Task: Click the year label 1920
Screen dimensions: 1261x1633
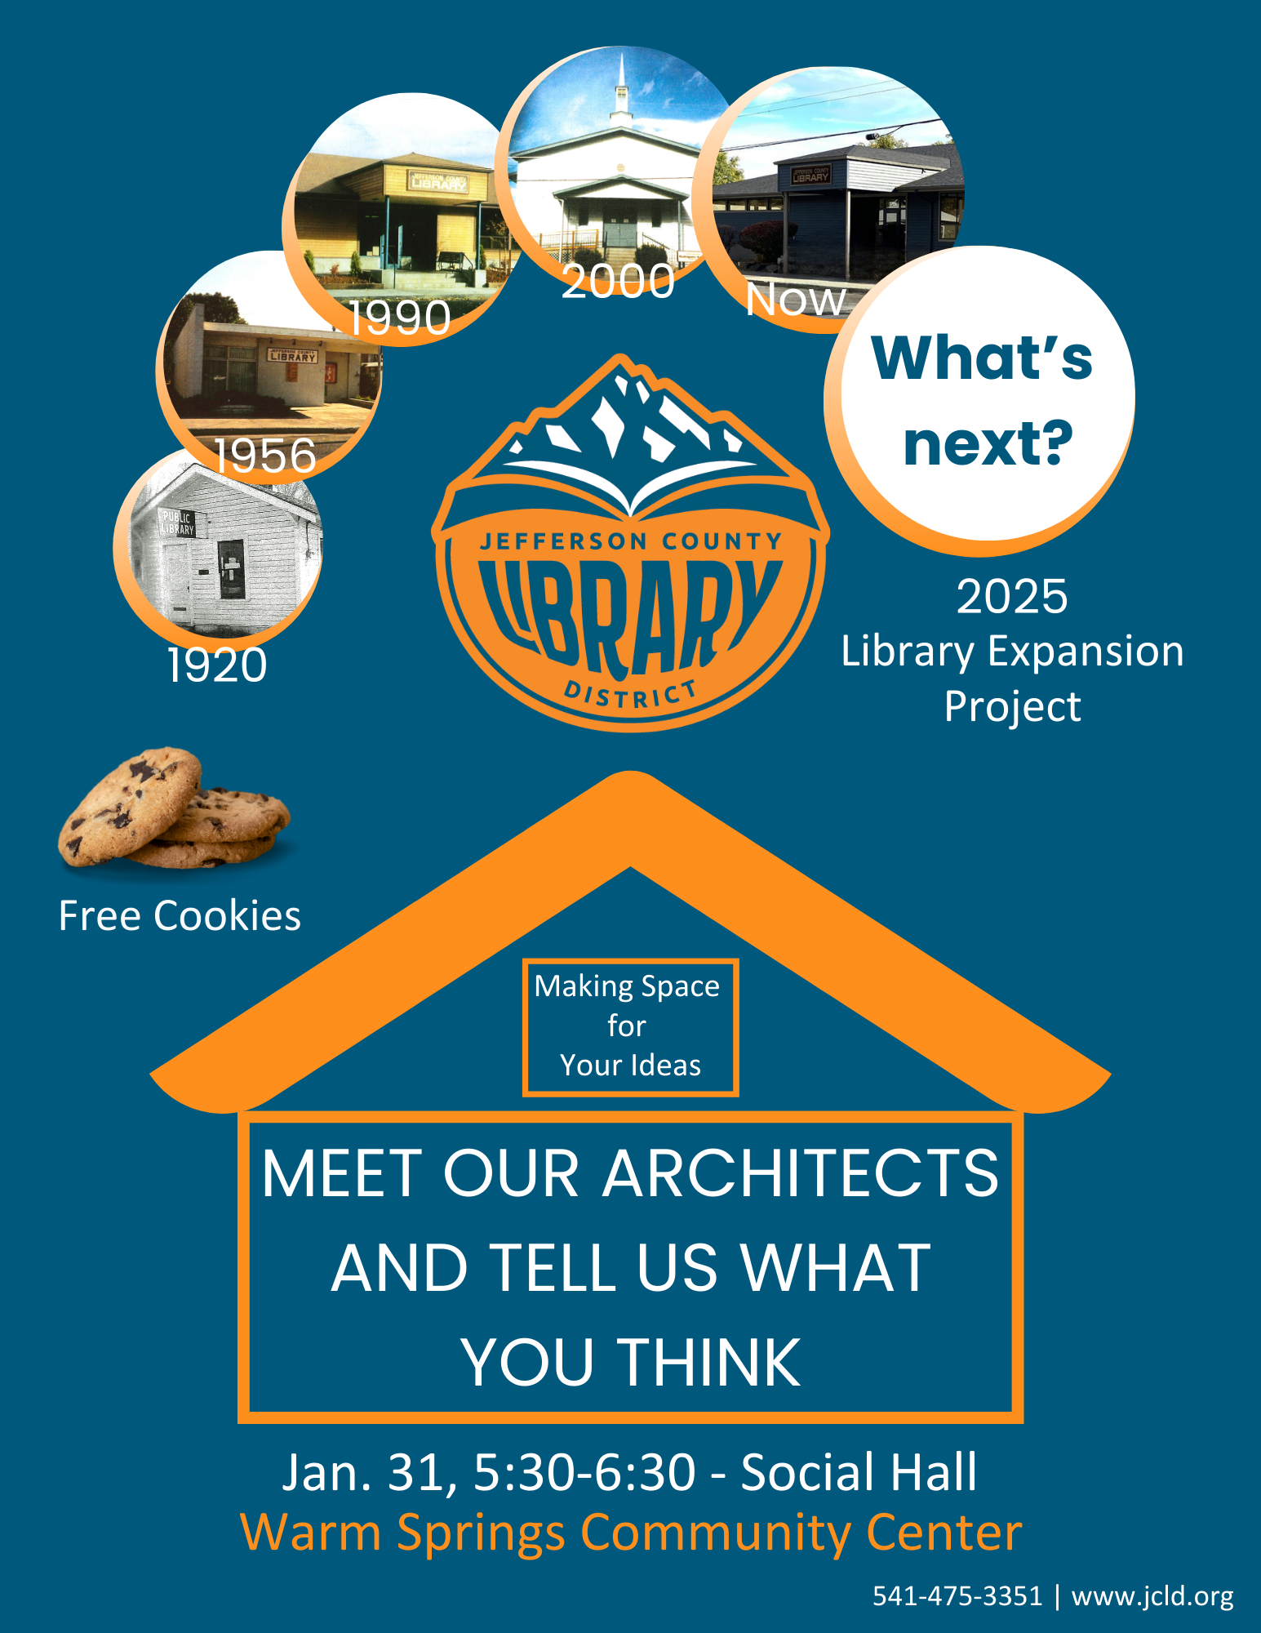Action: (217, 665)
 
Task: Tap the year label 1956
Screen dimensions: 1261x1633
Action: (265, 455)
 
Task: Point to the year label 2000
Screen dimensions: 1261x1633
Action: (618, 281)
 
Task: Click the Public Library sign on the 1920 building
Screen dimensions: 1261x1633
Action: (176, 523)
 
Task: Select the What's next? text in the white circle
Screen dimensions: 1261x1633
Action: (983, 400)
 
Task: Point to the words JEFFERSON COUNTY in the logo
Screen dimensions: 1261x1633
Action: (631, 541)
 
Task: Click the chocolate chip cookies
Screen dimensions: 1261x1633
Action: (174, 808)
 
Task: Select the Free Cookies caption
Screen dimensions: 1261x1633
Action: (180, 915)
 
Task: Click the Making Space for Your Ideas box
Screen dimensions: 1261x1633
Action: (630, 1026)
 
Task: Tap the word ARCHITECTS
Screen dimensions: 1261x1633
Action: (801, 1172)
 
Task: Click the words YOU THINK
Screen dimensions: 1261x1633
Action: (631, 1362)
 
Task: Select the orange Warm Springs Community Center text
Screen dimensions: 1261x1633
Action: (631, 1533)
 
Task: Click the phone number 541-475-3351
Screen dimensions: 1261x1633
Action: (957, 1595)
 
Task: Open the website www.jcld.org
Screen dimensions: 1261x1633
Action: (1152, 1597)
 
